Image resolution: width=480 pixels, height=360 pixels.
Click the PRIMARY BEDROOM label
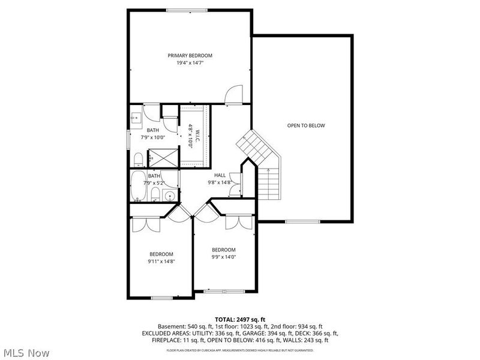(x=190, y=55)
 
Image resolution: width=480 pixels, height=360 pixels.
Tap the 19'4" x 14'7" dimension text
(x=190, y=63)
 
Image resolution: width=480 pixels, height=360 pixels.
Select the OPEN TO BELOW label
(x=305, y=125)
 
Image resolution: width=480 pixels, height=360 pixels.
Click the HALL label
(x=220, y=175)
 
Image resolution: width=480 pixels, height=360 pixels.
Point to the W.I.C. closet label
(x=191, y=136)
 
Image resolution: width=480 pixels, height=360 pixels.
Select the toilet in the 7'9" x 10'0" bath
(x=137, y=158)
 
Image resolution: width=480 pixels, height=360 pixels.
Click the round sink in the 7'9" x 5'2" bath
(x=169, y=195)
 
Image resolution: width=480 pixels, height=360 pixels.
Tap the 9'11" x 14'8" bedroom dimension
(x=161, y=262)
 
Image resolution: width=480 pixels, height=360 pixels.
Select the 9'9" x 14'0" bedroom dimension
(x=223, y=257)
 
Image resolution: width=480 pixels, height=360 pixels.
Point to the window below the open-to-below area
(x=301, y=222)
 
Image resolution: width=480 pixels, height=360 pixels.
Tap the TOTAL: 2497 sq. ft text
(x=239, y=319)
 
